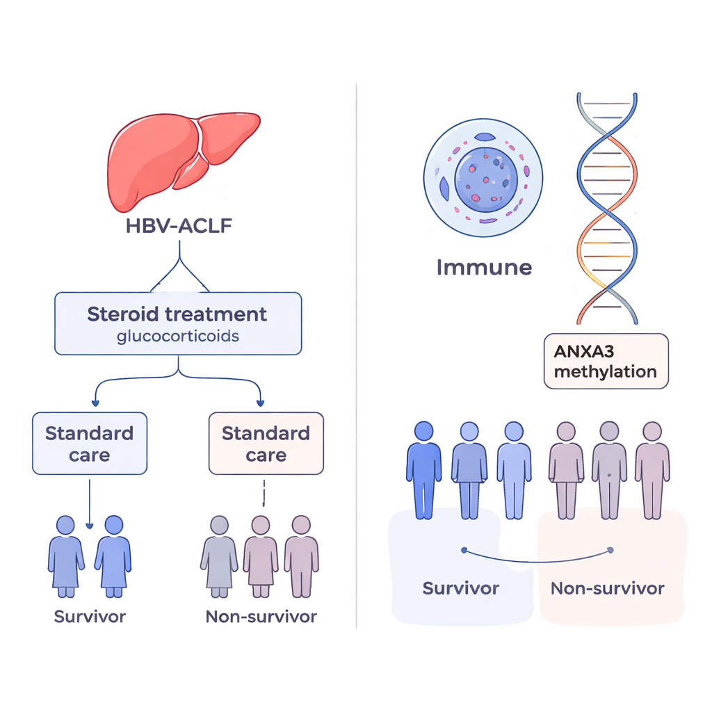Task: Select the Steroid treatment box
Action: [178, 323]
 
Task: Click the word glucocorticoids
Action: [177, 337]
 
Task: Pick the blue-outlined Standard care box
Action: [90, 444]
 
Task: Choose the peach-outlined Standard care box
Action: [266, 444]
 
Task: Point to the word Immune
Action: [484, 266]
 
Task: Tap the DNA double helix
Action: [607, 209]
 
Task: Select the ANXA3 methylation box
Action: [606, 361]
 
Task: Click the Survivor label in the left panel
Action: [90, 616]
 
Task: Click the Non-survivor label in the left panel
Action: [261, 616]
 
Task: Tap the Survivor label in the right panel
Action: [461, 588]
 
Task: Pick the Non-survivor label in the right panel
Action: [607, 588]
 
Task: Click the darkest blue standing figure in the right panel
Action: [423, 469]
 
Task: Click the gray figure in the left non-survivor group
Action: [219, 556]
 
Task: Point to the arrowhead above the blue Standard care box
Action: [95, 403]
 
